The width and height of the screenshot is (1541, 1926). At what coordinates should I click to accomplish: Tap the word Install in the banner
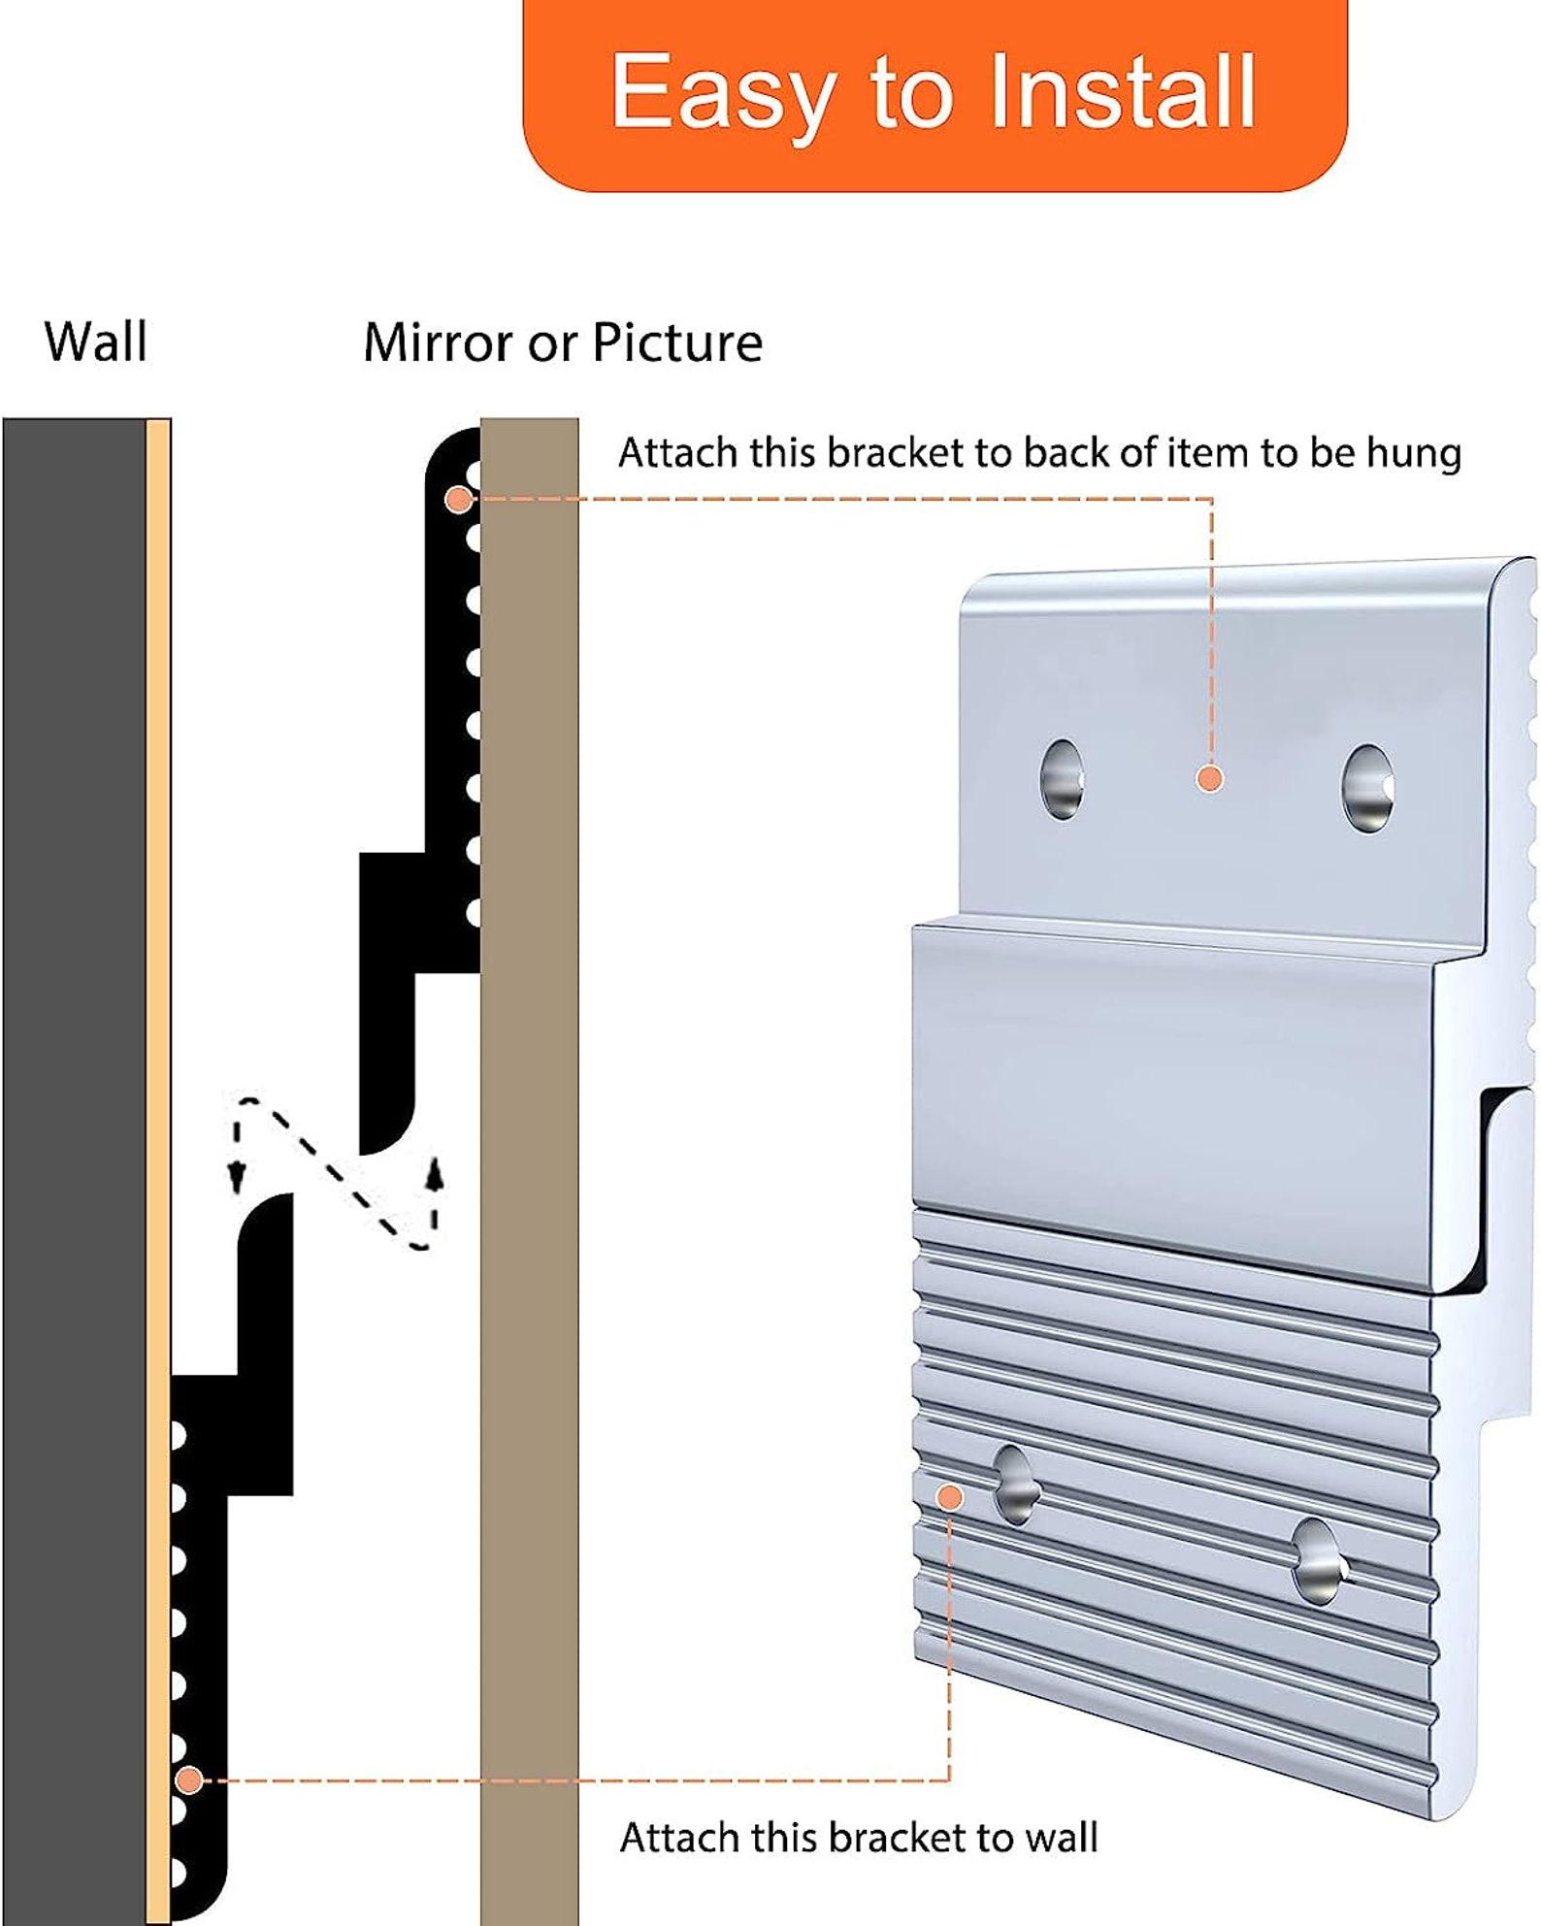1122,90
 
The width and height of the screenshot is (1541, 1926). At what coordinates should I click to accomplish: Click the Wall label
96,343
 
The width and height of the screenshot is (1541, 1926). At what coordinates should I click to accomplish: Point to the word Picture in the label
677,343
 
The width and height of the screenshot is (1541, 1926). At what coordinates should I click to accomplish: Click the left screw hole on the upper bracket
1062,778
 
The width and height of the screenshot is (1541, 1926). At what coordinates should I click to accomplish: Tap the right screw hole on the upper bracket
1368,788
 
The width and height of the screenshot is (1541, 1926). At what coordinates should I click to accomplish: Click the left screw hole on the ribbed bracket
1014,1484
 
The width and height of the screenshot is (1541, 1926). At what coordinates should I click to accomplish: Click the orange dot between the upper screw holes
1209,778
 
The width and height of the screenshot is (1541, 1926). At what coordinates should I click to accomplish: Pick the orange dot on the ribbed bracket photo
950,1497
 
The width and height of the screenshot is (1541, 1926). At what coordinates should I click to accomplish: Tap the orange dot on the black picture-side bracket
459,500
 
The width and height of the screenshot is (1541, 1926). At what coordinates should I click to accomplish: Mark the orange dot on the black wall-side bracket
190,1779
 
